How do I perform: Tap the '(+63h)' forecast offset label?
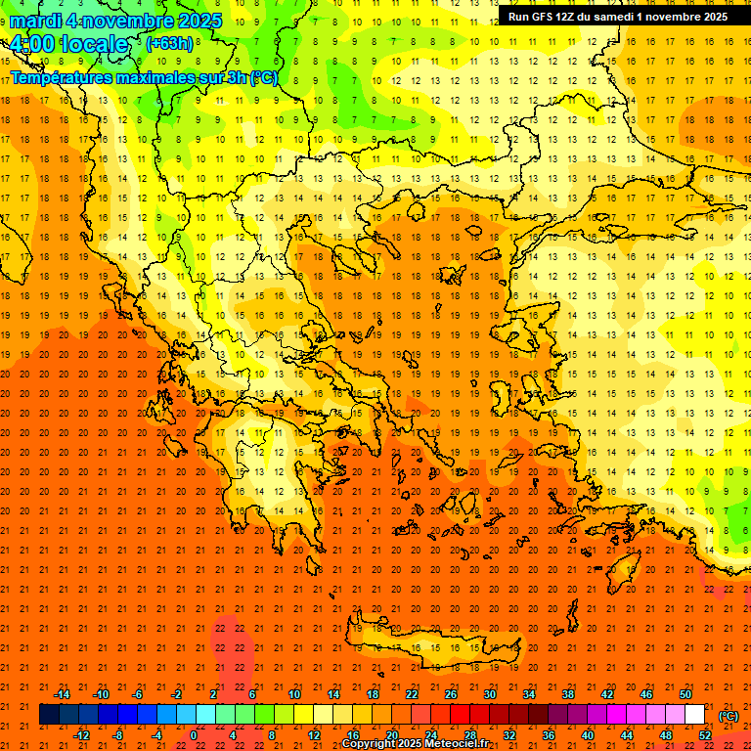[x=169, y=43]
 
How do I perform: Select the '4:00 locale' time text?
[x=68, y=44]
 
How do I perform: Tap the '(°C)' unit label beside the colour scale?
[x=728, y=716]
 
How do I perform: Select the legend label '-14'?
[x=62, y=694]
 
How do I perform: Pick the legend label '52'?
[x=705, y=735]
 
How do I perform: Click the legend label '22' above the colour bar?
[x=412, y=694]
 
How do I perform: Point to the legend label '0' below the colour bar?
[x=194, y=735]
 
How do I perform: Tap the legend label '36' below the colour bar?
[x=548, y=735]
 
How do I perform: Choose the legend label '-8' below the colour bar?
[x=117, y=735]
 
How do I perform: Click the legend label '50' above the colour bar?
[x=685, y=694]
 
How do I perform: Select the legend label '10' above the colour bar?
[x=294, y=694]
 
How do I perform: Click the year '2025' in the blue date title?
[x=197, y=21]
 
